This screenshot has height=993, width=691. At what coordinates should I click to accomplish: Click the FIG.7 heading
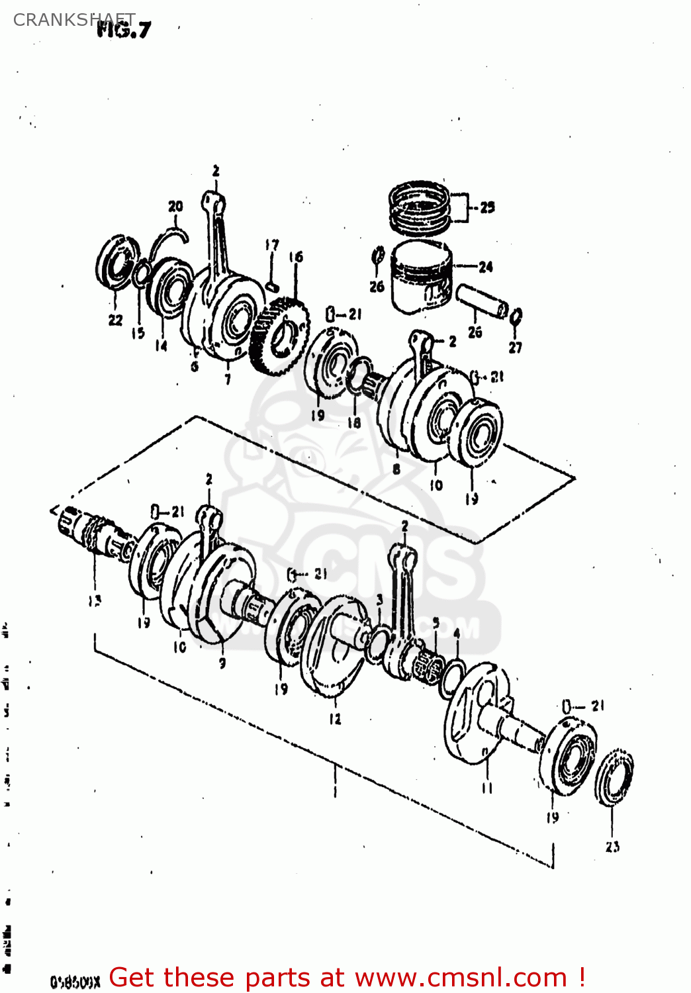pyautogui.click(x=124, y=29)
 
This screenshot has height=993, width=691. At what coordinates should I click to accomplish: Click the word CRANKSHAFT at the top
pyautogui.click(x=73, y=19)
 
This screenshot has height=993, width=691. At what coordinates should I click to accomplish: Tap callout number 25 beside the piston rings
pyautogui.click(x=487, y=207)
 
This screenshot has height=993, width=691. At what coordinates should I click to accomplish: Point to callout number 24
pyautogui.click(x=486, y=267)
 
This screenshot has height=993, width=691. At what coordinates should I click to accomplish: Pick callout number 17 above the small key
pyautogui.click(x=272, y=245)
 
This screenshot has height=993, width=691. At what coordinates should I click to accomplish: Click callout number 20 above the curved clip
pyautogui.click(x=175, y=206)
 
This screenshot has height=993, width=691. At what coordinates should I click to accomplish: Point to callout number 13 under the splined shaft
pyautogui.click(x=95, y=600)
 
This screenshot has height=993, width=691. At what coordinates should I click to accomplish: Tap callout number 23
pyautogui.click(x=612, y=846)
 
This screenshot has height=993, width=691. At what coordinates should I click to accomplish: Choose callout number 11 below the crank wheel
pyautogui.click(x=487, y=787)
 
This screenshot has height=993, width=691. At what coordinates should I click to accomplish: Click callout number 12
pyautogui.click(x=336, y=718)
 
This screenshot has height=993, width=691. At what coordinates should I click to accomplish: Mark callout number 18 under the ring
pyautogui.click(x=355, y=422)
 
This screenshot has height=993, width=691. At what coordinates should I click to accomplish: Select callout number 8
pyautogui.click(x=396, y=469)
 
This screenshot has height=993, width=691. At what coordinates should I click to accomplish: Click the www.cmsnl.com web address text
pyautogui.click(x=461, y=978)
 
